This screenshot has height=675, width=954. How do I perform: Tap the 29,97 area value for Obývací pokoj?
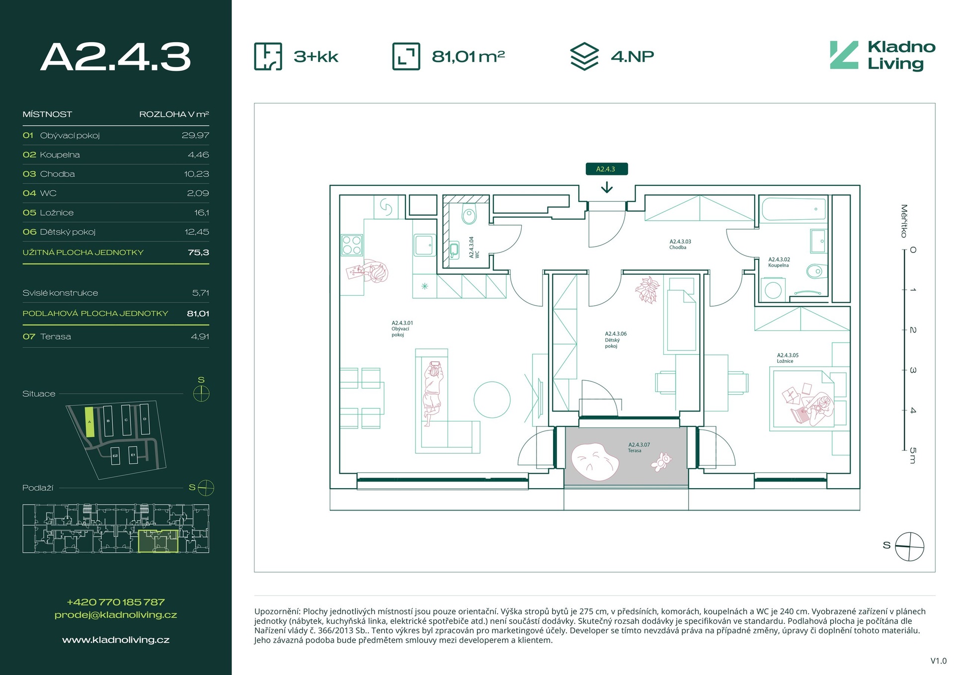pos(195,135)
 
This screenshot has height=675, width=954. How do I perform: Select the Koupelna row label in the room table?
pos(60,155)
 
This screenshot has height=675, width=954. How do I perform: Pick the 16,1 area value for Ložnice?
pos(201,213)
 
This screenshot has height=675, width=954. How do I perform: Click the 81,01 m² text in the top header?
pos(468,56)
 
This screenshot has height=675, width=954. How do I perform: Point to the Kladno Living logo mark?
pos(844,55)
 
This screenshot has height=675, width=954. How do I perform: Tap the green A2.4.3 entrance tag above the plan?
pos(606,169)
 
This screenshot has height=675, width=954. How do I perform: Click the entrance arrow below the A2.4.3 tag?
pos(606,188)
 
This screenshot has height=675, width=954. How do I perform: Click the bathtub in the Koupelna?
pos(793,209)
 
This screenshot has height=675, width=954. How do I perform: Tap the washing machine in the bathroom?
pos(773,289)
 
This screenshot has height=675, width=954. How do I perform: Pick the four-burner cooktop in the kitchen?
pos(352,245)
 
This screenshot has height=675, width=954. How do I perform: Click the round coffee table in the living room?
pos(492,400)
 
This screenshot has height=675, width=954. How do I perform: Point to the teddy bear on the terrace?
pos(661,462)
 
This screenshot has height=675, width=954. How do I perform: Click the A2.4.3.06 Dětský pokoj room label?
pos(616,340)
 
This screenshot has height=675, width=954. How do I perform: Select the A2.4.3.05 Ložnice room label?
pos(788,358)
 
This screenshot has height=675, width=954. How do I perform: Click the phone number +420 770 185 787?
pos(116,602)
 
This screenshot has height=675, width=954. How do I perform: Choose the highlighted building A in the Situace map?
pos(89,422)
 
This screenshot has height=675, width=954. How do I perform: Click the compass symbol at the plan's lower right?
pos(909,546)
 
